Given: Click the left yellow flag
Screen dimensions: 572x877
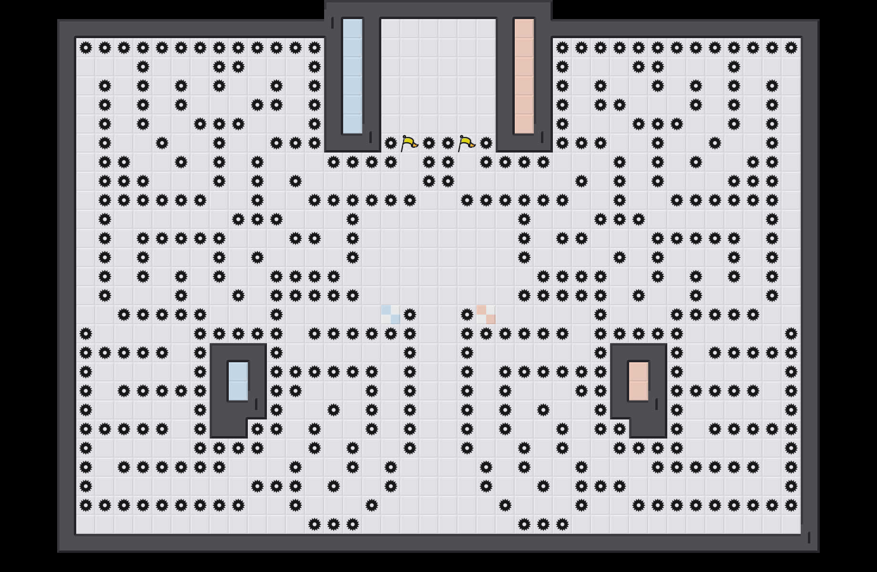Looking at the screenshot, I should tap(409, 143).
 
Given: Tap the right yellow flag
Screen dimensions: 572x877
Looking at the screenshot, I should tap(466, 143).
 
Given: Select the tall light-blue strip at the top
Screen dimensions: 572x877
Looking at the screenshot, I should tap(353, 76).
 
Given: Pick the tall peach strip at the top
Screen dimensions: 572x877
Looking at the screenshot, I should tap(524, 76).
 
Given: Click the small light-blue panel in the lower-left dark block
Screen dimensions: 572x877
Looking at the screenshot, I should tap(238, 381).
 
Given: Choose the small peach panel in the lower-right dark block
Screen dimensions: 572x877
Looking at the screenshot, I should tap(639, 381).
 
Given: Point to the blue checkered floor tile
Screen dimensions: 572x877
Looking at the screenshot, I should tap(391, 315).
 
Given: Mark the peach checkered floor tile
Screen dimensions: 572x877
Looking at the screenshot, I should tap(486, 315).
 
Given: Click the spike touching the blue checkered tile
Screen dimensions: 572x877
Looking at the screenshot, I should tap(410, 315).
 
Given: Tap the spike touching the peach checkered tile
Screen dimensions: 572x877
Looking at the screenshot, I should tap(467, 315).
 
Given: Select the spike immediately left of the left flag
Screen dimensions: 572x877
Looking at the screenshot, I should tap(391, 143).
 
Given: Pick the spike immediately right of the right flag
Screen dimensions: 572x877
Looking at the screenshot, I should tap(486, 143).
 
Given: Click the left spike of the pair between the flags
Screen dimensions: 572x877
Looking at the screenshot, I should tap(429, 143).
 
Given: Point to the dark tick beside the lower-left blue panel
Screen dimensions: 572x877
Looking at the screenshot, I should tap(256, 404).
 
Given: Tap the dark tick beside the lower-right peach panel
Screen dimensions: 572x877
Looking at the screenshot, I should tap(657, 404).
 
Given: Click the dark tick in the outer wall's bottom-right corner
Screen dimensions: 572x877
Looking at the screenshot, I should tap(809, 538).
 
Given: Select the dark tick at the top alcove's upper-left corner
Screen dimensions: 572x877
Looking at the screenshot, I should tap(333, 23).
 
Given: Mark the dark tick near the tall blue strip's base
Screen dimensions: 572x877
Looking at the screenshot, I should tap(371, 137).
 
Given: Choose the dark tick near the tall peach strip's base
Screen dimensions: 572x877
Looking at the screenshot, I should tap(542, 137).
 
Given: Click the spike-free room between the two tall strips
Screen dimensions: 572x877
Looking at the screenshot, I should tap(438, 76).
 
